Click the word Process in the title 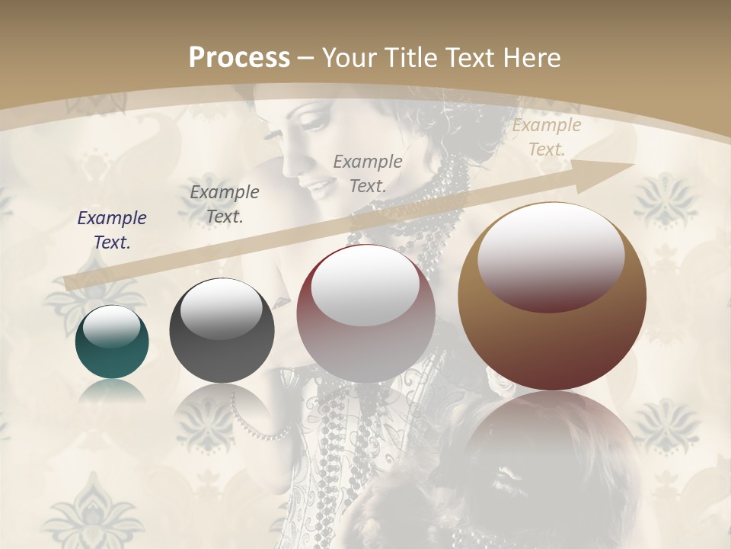(239, 58)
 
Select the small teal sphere (112, 342)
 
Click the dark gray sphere (222, 331)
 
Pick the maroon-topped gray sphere (365, 313)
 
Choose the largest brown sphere (552, 297)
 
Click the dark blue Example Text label (112, 230)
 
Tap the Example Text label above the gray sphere (224, 204)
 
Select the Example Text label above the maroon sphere (368, 173)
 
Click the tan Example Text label (546, 137)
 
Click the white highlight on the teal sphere (111, 326)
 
